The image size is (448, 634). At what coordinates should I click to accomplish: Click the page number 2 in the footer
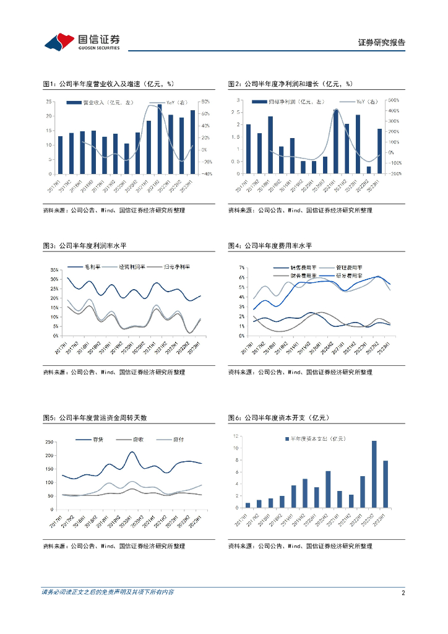(403, 593)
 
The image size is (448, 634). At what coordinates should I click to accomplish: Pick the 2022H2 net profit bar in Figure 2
(369, 170)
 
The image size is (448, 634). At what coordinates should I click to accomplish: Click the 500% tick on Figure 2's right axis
(394, 100)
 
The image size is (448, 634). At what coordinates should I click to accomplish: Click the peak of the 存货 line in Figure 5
(132, 452)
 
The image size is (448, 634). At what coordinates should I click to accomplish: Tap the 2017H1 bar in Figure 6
(248, 505)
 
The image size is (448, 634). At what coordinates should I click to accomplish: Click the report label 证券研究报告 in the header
(382, 43)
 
